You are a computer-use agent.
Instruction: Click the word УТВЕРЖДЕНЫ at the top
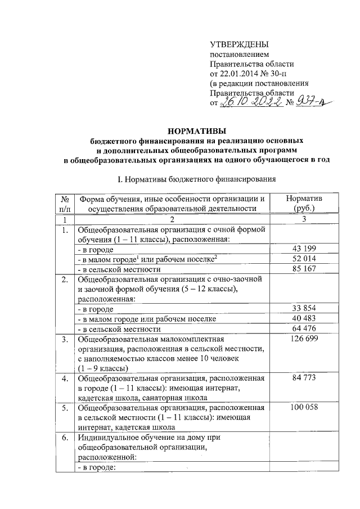click(x=239, y=44)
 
